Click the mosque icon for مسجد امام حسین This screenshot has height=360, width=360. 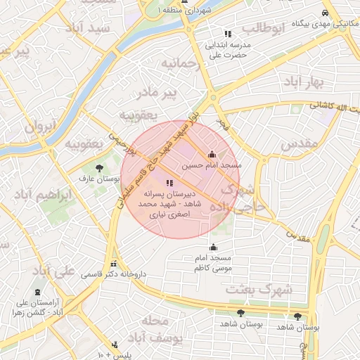(212, 155)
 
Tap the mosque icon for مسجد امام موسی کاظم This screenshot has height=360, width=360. (214, 247)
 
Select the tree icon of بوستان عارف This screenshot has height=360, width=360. (98, 168)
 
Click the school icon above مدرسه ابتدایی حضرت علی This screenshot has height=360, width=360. (227, 34)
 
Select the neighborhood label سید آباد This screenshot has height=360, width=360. (86, 28)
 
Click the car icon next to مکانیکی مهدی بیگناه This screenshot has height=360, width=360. (324, 13)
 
